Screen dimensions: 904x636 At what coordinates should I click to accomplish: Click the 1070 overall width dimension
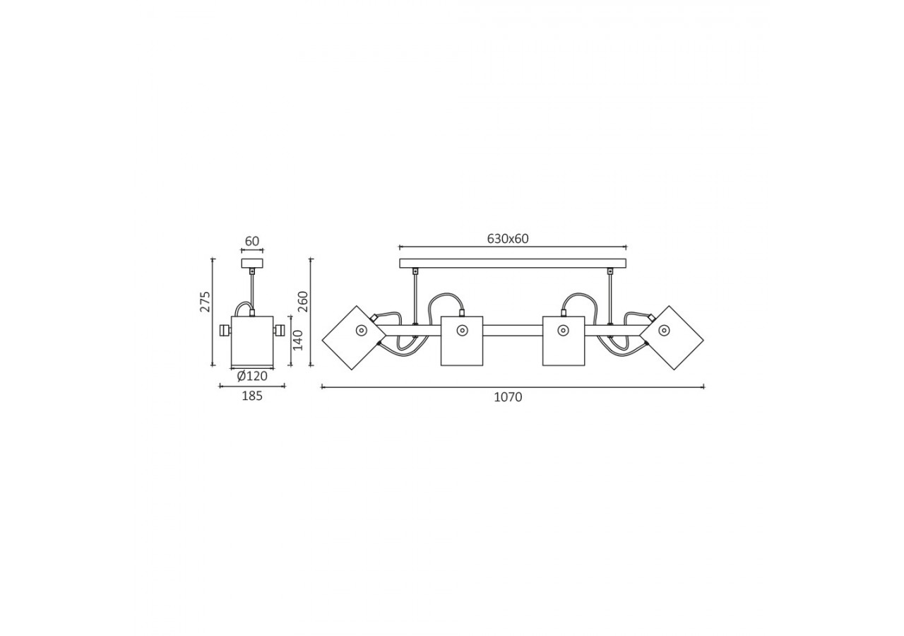pos(508,397)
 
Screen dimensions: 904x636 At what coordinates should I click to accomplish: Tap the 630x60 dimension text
pos(508,239)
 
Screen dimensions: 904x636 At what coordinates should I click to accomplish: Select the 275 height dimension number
pos(206,301)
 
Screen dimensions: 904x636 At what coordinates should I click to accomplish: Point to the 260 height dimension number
pos(303,301)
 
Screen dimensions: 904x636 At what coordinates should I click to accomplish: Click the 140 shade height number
pos(297,341)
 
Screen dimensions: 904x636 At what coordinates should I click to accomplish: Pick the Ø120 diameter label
pos(252,377)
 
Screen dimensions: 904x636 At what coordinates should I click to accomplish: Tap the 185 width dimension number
pos(252,396)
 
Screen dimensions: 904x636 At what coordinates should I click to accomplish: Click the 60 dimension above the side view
pos(252,241)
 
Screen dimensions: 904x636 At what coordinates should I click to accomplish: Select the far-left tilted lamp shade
pos(354,338)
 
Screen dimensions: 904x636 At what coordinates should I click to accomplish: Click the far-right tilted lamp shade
pos(672,338)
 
